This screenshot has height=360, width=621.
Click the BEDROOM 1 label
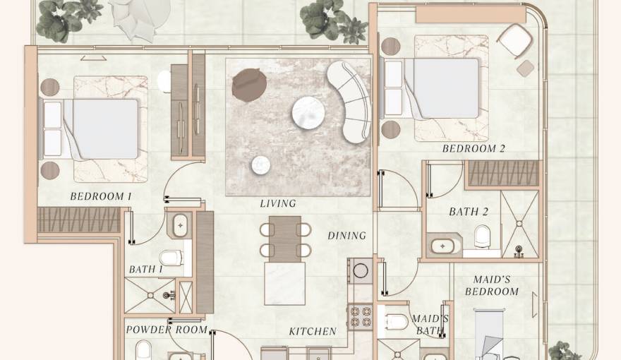pyautogui.click(x=101, y=196)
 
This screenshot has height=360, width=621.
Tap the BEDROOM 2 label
pyautogui.click(x=474, y=148)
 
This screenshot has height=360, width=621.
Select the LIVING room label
pyautogui.click(x=278, y=203)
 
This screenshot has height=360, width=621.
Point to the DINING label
pyautogui.click(x=347, y=236)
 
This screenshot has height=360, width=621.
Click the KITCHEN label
pyautogui.click(x=313, y=332)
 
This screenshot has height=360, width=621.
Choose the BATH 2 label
pyautogui.click(x=469, y=212)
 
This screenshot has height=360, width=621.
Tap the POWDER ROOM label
pyautogui.click(x=167, y=330)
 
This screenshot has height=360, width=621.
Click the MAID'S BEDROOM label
pyautogui.click(x=492, y=286)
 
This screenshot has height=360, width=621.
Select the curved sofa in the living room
pyautogui.click(x=349, y=102)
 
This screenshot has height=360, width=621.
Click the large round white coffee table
pyautogui.click(x=308, y=112)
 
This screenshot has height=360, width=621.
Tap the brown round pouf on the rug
pyautogui.click(x=249, y=85)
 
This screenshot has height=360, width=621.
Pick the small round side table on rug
pyautogui.click(x=261, y=165)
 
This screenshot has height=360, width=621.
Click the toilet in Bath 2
pyautogui.click(x=483, y=236)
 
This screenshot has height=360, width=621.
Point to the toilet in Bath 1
pyautogui.click(x=172, y=258)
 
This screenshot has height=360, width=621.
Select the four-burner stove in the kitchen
pyautogui.click(x=361, y=316)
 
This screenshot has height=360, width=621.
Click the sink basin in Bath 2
pyautogui.click(x=442, y=246)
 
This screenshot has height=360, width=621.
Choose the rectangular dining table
pyautogui.click(x=285, y=239)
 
